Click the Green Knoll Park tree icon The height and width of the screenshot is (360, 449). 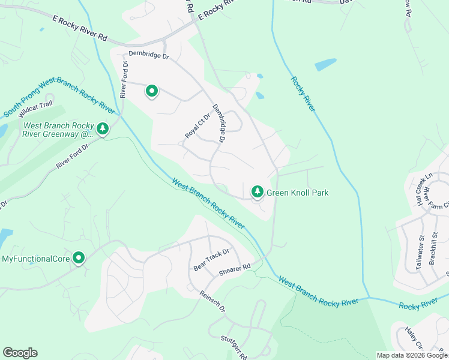coord(257,191)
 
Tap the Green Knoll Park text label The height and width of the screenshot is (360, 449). coord(297,193)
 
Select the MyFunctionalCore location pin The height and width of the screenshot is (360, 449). coord(79,258)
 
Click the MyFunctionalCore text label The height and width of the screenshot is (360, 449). coord(35,259)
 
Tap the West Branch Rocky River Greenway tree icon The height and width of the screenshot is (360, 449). coord(103,128)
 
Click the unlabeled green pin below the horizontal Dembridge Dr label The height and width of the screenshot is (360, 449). coord(152,91)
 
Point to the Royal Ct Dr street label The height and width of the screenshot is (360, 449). coord(198,126)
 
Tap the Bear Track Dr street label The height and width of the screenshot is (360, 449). coord(212,259)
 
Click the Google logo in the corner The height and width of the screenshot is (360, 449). coord(20,353)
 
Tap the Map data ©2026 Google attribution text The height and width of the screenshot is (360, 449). coord(412,355)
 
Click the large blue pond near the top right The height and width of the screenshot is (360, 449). coord(325,64)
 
